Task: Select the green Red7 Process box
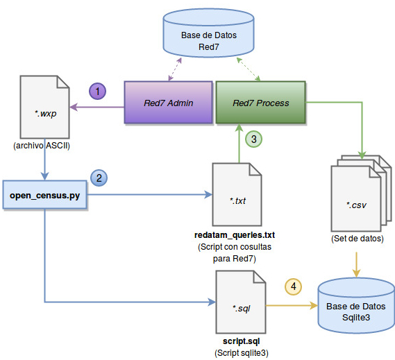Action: pos(260,103)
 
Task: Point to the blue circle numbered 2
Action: pos(100,178)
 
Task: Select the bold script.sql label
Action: pos(240,343)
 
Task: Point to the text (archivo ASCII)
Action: pos(42,146)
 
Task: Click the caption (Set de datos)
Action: pos(357,239)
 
